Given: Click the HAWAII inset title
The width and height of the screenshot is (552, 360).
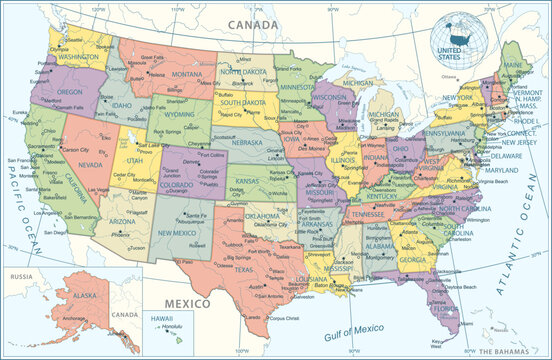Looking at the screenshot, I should [x=164, y=317].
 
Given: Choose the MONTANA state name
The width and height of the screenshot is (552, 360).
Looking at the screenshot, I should [x=168, y=75].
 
